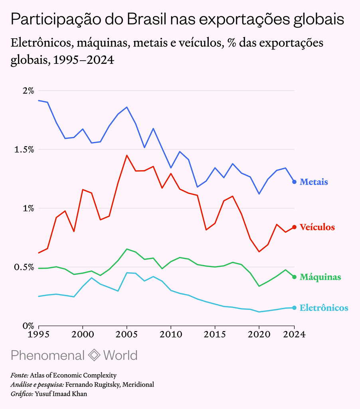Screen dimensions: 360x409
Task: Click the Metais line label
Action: click(314, 182)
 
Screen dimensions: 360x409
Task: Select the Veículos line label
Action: click(317, 227)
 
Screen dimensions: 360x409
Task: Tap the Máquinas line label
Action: click(320, 277)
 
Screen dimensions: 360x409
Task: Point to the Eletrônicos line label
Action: click(324, 308)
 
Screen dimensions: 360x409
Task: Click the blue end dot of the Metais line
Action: click(294, 182)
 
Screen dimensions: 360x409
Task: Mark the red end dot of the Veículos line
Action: click(294, 227)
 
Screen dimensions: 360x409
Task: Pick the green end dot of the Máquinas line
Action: click(294, 277)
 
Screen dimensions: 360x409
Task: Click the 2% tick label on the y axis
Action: click(28, 91)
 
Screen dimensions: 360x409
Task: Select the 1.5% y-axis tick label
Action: click(24, 149)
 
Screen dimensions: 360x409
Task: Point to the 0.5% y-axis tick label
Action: click(24, 267)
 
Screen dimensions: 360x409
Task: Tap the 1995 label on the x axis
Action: click(39, 334)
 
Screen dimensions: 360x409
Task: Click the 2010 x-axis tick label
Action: click(171, 334)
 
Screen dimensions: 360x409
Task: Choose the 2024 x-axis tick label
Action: click(294, 334)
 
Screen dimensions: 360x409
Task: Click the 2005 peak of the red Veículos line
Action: click(127, 155)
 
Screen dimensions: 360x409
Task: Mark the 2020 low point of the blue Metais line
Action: click(259, 194)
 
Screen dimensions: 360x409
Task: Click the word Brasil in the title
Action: click(146, 19)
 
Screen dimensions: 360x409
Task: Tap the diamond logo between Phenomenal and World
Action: click(94, 355)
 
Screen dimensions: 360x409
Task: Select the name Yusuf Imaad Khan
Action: click(61, 393)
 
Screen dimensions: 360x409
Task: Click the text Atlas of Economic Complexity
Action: click(73, 375)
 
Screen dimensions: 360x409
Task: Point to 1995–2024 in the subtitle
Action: click(84, 60)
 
